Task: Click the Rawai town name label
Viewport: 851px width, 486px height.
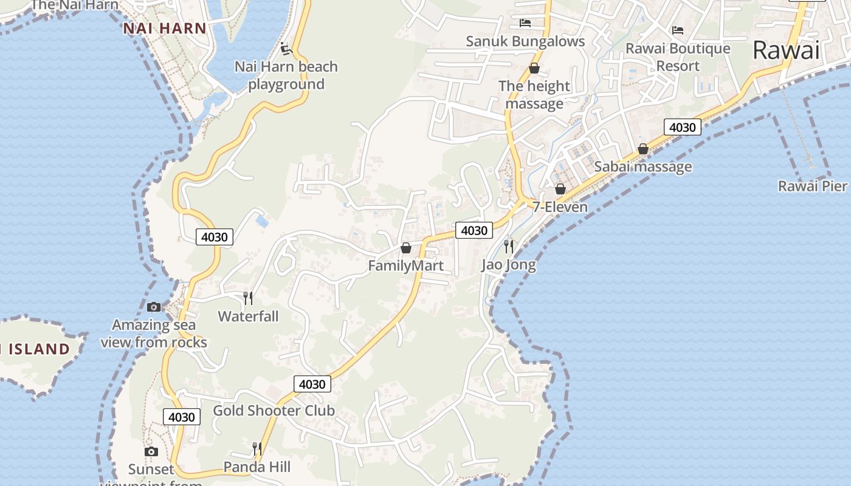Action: [786, 50]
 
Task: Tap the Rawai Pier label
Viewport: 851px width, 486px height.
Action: [812, 186]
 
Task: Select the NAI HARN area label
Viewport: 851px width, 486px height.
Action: [165, 28]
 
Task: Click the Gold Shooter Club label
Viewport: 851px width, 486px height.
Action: [274, 411]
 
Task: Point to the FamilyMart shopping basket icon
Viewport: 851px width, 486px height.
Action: [406, 248]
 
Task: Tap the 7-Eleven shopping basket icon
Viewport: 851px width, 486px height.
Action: [560, 189]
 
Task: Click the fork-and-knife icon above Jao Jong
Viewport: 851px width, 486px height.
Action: [509, 246]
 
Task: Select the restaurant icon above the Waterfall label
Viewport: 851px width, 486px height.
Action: [248, 298]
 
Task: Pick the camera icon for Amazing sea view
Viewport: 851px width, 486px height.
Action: [154, 307]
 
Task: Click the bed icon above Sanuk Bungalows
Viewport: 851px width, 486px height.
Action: [525, 23]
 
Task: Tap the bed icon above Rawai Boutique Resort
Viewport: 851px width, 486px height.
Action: [678, 30]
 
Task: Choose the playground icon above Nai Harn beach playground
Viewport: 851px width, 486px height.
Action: [286, 49]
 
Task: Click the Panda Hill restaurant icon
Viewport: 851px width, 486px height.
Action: [257, 449]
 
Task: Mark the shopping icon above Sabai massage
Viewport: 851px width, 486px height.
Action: [643, 149]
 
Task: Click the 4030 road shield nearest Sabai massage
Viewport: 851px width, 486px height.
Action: [682, 128]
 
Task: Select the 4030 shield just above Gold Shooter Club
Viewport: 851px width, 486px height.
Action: [312, 384]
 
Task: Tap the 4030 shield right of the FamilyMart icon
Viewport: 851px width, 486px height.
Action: [474, 230]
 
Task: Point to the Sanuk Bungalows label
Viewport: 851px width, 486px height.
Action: [525, 41]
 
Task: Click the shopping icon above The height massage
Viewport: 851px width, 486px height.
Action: [534, 68]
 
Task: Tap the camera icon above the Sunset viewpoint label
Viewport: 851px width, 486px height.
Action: [151, 451]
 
